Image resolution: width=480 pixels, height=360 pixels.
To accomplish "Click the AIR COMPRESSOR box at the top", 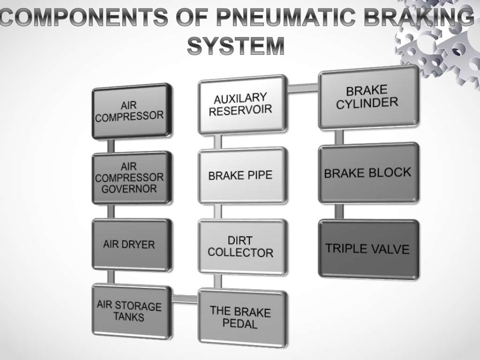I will click(x=132, y=111).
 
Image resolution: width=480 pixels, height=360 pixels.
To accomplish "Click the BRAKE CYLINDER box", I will click(x=368, y=97).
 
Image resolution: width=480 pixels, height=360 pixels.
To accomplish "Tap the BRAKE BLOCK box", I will click(x=368, y=173).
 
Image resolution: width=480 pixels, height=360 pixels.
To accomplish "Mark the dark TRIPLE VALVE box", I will click(x=368, y=249).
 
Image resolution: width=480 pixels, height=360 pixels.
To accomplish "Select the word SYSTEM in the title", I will click(x=236, y=46).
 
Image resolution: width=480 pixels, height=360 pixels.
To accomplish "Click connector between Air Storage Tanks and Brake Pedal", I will click(x=184, y=299).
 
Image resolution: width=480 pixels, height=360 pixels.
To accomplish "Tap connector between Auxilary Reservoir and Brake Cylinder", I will click(x=302, y=88).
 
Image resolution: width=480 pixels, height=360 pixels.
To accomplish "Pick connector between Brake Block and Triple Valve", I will click(x=339, y=211).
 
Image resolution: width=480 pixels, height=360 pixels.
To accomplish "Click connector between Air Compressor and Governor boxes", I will click(x=111, y=145).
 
